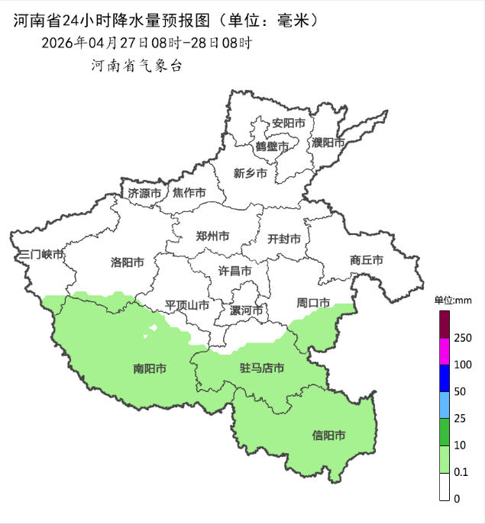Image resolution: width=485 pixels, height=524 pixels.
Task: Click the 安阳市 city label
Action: point(289,123)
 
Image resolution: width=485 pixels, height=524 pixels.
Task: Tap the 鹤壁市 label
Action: point(272,146)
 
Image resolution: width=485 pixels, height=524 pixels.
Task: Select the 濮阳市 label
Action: point(328,143)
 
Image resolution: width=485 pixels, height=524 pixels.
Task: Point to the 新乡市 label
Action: point(250,173)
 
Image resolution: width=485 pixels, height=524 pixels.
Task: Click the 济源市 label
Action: point(144,193)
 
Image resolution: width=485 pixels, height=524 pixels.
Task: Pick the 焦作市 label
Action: point(189,193)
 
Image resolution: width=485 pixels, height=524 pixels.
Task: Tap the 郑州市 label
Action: point(212,236)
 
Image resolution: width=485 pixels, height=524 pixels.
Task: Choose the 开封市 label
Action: point(283,239)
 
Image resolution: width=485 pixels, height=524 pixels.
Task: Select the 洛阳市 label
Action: point(128,262)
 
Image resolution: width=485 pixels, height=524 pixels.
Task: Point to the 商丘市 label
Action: point(366,260)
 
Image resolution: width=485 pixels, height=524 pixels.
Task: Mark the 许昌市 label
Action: point(234,271)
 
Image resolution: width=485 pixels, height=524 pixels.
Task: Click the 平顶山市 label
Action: point(187,305)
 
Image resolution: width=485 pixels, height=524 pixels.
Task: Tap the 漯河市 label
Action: point(247,310)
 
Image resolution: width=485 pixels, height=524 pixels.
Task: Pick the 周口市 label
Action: point(313,303)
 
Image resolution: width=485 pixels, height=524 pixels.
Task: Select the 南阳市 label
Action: point(150,369)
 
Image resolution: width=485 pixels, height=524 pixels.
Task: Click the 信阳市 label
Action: point(328,436)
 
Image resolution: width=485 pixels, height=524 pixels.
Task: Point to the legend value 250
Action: point(462,338)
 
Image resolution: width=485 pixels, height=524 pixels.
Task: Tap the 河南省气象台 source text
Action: point(137,66)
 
